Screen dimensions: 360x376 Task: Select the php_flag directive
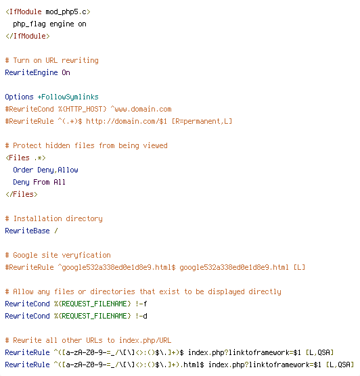coord(29,24)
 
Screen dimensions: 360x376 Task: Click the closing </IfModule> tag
coord(28,36)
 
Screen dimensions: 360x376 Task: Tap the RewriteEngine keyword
coord(31,72)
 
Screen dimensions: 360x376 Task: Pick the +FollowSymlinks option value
coord(68,97)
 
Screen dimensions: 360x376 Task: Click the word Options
coord(19,97)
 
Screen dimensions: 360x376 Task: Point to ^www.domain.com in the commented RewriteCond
coord(141,109)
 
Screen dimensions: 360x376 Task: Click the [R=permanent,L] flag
coord(202,121)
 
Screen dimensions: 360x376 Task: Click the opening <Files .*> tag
coord(26,158)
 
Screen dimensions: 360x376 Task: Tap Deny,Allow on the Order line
coord(58,170)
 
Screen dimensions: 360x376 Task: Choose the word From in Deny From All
coord(41,182)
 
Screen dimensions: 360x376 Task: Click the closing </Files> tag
coord(22,194)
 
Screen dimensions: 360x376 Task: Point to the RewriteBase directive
coord(27,231)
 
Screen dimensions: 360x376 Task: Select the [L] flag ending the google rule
coord(299,267)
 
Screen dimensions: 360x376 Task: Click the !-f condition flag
coord(141,304)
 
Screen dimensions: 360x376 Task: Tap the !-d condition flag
coord(141,316)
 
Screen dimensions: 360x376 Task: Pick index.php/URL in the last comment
coord(145,340)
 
